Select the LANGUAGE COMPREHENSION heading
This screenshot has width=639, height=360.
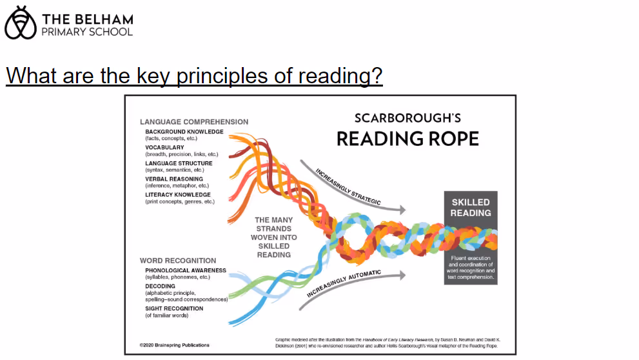[194, 121]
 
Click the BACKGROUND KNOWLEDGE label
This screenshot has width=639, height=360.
[184, 132]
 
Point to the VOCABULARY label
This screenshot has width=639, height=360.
[164, 148]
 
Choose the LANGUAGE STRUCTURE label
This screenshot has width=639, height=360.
[179, 163]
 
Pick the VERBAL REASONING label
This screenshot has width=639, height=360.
[174, 179]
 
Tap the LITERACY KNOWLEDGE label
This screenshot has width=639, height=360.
[178, 195]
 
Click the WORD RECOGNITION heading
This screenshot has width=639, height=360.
[178, 261]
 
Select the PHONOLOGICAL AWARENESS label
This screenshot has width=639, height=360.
[186, 270]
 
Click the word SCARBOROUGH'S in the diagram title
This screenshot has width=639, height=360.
[408, 118]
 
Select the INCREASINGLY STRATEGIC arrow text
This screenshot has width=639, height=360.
[348, 187]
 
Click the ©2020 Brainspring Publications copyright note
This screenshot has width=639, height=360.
[175, 345]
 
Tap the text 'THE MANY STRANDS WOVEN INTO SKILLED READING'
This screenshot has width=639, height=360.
[273, 237]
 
